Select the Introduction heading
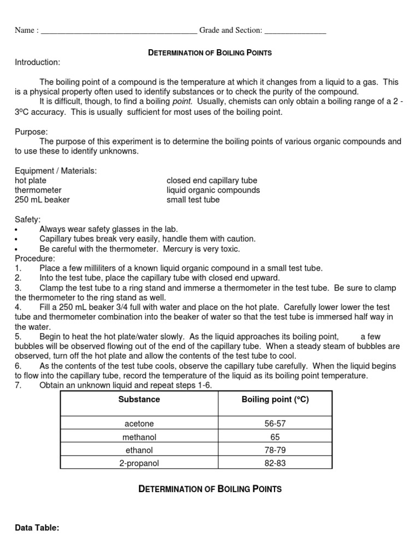click(x=37, y=62)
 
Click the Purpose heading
click(x=31, y=132)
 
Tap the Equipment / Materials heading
click(x=56, y=171)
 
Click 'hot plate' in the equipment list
click(x=31, y=180)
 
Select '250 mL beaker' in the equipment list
click(x=42, y=200)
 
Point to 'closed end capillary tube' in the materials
click(x=212, y=180)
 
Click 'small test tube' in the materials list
click(x=193, y=200)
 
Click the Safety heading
click(x=27, y=219)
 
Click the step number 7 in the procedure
click(x=18, y=386)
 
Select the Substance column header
click(x=139, y=400)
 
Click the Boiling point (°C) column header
click(x=275, y=400)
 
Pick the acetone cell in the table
click(x=139, y=424)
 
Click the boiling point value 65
click(x=275, y=437)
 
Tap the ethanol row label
click(x=139, y=450)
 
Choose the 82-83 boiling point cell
click(x=275, y=463)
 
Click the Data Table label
click(x=37, y=528)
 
